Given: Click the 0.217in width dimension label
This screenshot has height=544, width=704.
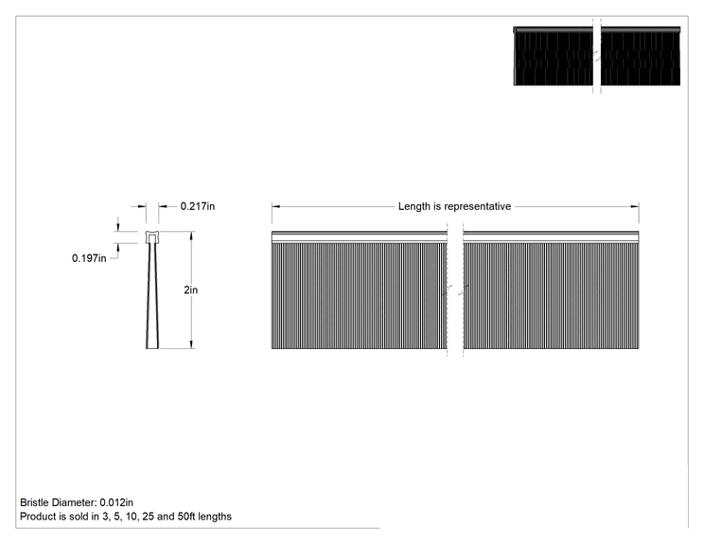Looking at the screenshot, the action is tap(198, 206).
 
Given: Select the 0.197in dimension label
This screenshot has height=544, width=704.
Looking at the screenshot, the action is tap(89, 258).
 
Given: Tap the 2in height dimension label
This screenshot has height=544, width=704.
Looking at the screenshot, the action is tap(191, 290).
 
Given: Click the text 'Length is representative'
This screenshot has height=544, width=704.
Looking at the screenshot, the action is tap(454, 206).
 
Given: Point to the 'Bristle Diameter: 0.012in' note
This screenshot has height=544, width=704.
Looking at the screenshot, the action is tap(77, 502).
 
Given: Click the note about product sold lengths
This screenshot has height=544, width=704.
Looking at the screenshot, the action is tap(126, 517).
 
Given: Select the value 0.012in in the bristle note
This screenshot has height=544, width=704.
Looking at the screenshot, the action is tap(116, 502).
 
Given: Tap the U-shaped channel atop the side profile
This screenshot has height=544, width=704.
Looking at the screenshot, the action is tap(152, 237).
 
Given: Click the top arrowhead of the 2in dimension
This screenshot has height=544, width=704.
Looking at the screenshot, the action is tap(192, 236).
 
